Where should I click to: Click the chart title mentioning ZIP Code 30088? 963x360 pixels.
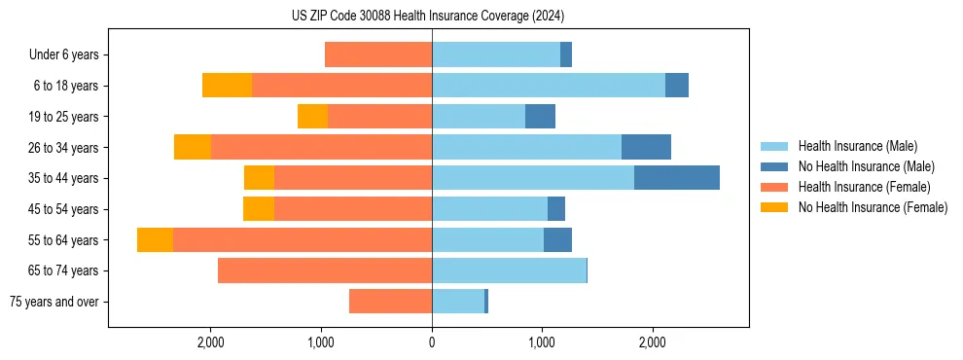click(x=428, y=16)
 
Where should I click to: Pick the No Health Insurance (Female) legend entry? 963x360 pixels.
click(x=873, y=207)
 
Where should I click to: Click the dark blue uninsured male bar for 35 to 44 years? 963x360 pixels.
click(x=676, y=178)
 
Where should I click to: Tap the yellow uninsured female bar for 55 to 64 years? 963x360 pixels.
click(x=155, y=240)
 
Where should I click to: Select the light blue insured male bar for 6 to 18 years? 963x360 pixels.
click(x=549, y=86)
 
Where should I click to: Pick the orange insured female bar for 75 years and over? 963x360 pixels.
click(x=390, y=302)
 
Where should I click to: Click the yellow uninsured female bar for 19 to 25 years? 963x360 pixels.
click(x=312, y=117)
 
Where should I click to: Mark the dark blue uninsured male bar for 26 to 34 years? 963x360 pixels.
click(x=646, y=147)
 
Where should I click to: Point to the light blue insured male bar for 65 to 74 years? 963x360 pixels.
click(x=509, y=270)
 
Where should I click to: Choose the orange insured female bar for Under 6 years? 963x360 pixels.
click(x=378, y=54)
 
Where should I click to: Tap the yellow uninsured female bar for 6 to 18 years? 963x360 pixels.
click(x=227, y=86)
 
